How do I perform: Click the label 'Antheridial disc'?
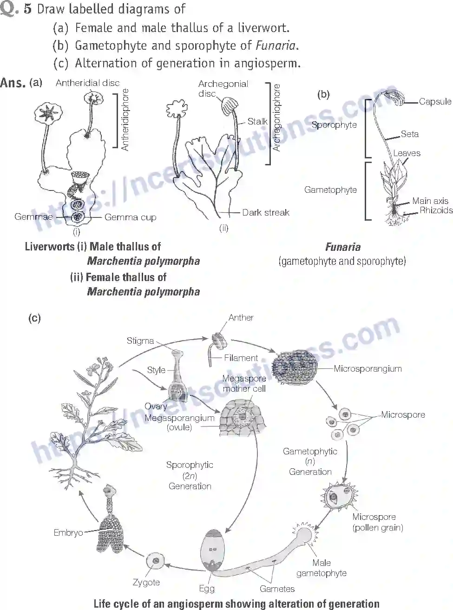coord(87,83)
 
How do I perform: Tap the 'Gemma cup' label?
coord(130,217)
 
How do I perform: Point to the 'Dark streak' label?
coord(265,212)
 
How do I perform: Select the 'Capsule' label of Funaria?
coord(435,101)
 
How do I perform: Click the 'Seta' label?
coord(409,134)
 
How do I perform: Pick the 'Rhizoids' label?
coord(436,210)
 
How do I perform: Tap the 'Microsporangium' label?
coord(368,368)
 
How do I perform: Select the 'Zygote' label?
coord(146,582)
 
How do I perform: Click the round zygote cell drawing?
coord(155,561)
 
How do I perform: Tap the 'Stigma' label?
coord(140,341)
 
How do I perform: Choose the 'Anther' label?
coord(241,317)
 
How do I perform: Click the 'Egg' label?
coord(207,588)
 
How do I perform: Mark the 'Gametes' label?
coord(277,588)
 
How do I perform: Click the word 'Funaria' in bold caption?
coord(343,247)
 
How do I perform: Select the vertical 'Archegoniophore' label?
coord(277,118)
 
